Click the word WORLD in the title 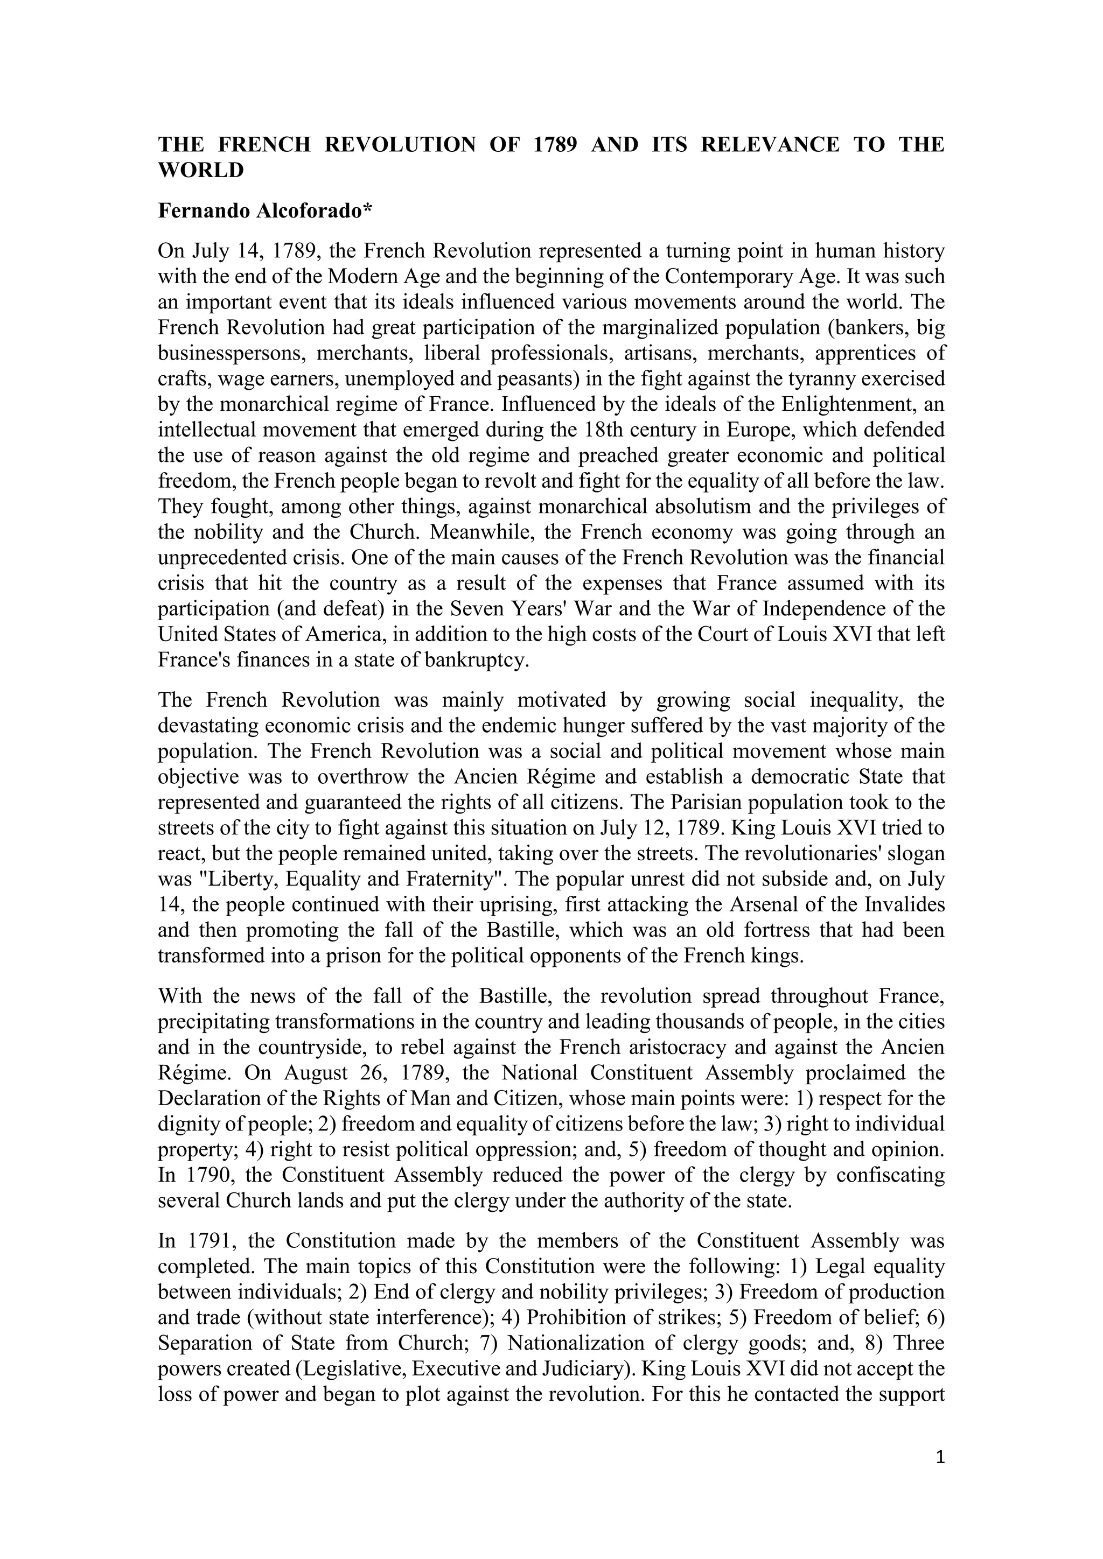click(200, 171)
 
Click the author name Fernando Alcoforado click(260, 211)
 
